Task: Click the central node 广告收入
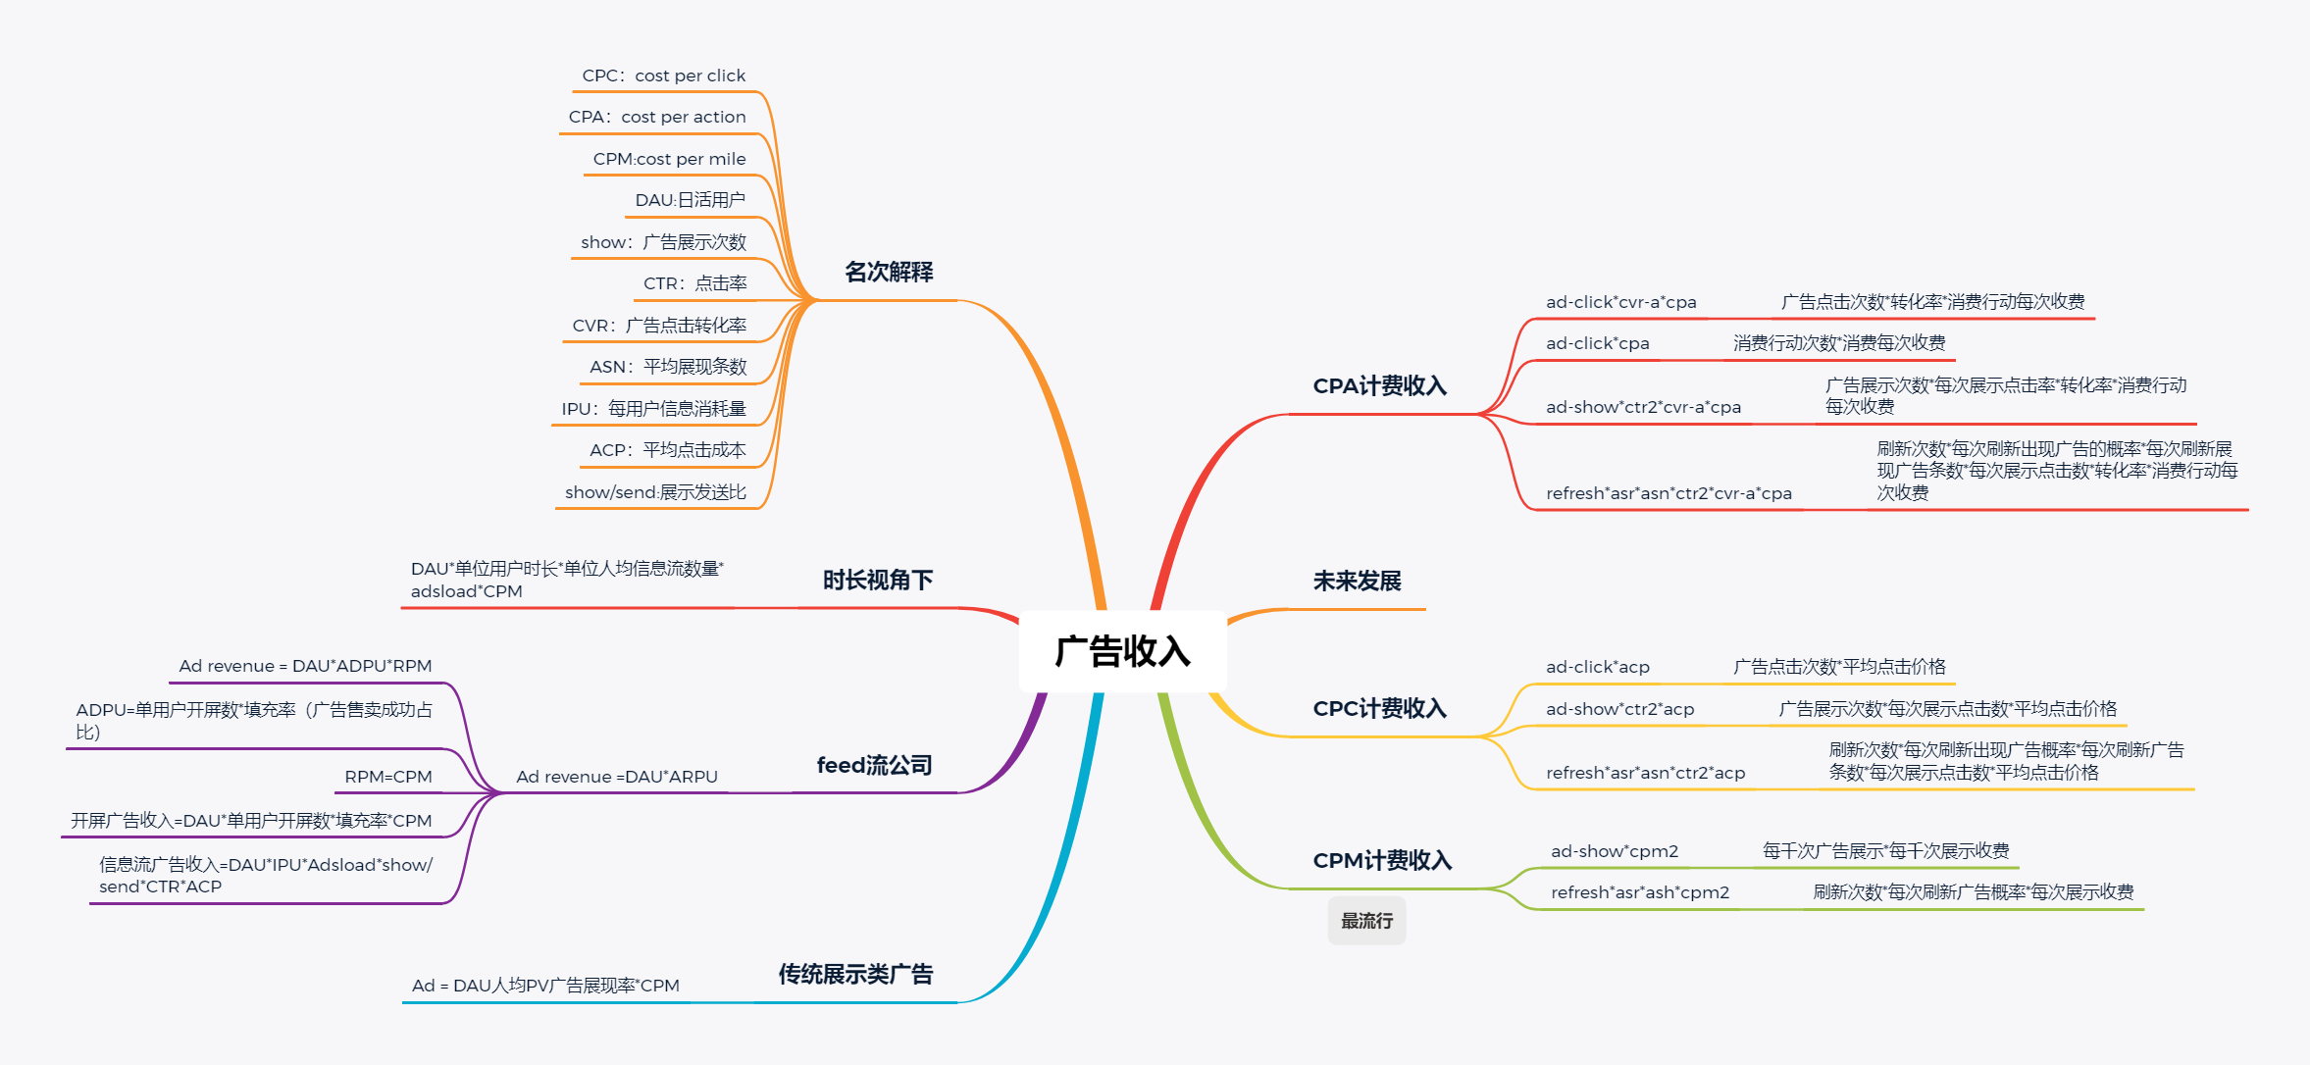coord(1122,651)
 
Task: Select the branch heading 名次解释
coord(889,272)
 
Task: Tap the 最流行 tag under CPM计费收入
coord(1366,921)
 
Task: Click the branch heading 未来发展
coord(1357,582)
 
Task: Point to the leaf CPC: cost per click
coord(663,76)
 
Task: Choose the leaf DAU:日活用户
coord(690,200)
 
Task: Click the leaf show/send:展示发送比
coord(655,492)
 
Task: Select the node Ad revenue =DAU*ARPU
coord(617,777)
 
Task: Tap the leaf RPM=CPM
coord(387,777)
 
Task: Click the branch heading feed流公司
coord(874,765)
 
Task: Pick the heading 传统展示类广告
coord(855,974)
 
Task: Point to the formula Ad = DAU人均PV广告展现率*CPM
coord(545,986)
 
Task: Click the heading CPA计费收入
coord(1379,386)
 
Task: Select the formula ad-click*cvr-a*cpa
coord(1620,302)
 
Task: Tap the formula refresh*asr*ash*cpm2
coord(1639,892)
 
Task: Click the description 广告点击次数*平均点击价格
coord(1838,667)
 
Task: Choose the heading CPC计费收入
coord(1379,709)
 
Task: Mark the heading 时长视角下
coord(877,581)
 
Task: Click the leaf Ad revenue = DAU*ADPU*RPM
coord(305,666)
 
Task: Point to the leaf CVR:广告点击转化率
coord(659,326)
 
